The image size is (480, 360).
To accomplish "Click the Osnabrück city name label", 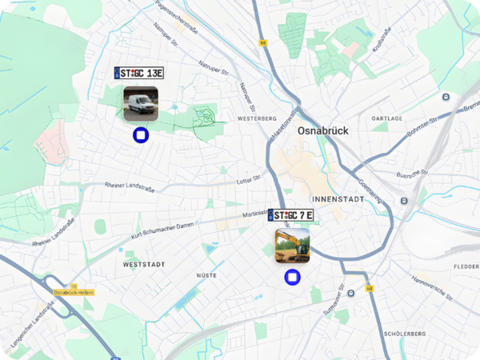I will [328, 130].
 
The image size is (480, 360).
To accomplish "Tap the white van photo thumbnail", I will [140, 103].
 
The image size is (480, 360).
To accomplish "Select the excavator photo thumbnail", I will [292, 246].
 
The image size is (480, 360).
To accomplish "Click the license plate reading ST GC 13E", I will [139, 73].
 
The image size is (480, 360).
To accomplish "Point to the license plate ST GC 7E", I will [291, 215].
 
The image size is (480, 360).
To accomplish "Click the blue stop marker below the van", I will [141, 135].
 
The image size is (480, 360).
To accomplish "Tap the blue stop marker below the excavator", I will [293, 278].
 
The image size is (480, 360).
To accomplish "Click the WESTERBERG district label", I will [257, 118].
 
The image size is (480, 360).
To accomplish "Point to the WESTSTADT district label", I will [144, 263].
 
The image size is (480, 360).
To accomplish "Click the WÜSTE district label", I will [206, 274].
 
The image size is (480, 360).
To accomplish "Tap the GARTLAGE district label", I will [387, 118].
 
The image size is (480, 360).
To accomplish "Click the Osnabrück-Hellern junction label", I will [74, 293].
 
